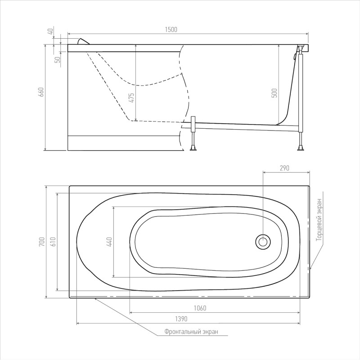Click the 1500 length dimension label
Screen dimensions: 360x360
(171, 30)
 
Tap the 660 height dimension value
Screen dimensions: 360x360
(41, 92)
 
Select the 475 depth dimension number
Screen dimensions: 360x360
(131, 98)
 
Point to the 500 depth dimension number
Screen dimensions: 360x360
(274, 93)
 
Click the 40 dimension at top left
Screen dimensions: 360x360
(51, 31)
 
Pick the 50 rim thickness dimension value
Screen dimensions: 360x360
(58, 60)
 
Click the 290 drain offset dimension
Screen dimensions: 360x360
(284, 168)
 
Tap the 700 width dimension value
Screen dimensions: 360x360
(41, 242)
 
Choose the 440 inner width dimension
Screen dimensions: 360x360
(109, 242)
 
